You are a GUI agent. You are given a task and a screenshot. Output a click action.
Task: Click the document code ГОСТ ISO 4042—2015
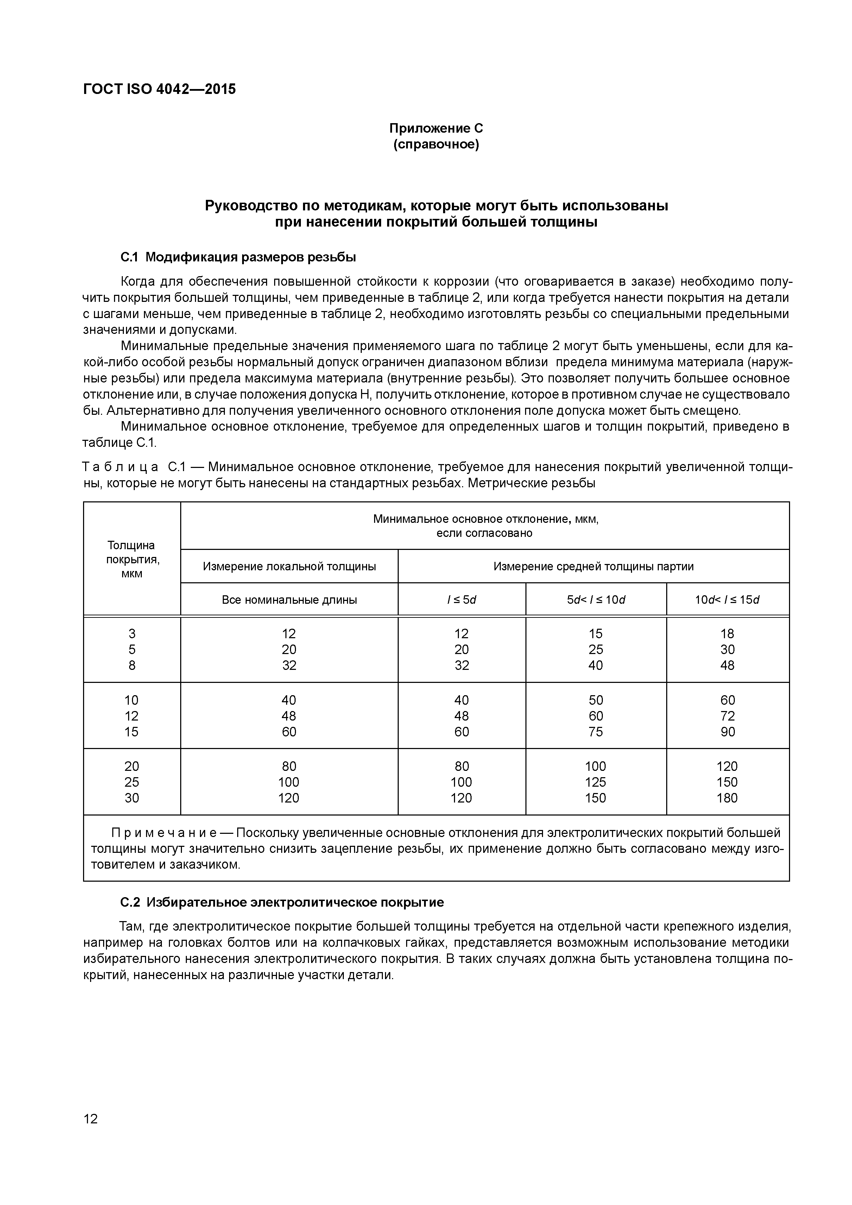click(159, 89)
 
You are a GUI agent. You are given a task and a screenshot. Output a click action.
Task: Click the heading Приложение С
click(436, 128)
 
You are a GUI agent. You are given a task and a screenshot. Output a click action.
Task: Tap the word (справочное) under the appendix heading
click(436, 144)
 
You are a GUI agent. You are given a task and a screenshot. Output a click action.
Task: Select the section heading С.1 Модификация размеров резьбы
click(238, 257)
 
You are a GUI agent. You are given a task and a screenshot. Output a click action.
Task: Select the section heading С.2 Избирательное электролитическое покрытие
click(282, 902)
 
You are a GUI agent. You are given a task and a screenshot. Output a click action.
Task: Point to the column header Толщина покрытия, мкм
click(132, 559)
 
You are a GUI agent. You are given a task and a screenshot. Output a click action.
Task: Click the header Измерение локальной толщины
click(289, 566)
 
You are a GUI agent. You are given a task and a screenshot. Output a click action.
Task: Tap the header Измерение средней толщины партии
click(593, 566)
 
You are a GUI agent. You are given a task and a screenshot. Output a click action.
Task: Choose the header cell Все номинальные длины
click(289, 600)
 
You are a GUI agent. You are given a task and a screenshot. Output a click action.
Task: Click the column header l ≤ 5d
click(461, 600)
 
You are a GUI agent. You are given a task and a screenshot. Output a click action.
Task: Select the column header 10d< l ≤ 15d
click(727, 600)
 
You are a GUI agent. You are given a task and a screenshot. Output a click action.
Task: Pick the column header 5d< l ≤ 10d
click(596, 600)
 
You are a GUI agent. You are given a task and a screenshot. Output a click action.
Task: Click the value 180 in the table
click(727, 798)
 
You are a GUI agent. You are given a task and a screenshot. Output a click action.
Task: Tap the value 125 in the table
click(595, 782)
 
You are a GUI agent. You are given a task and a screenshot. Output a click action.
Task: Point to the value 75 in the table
click(596, 731)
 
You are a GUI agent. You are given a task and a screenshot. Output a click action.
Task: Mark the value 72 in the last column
click(727, 716)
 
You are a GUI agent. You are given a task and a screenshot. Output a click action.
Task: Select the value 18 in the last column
click(727, 634)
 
